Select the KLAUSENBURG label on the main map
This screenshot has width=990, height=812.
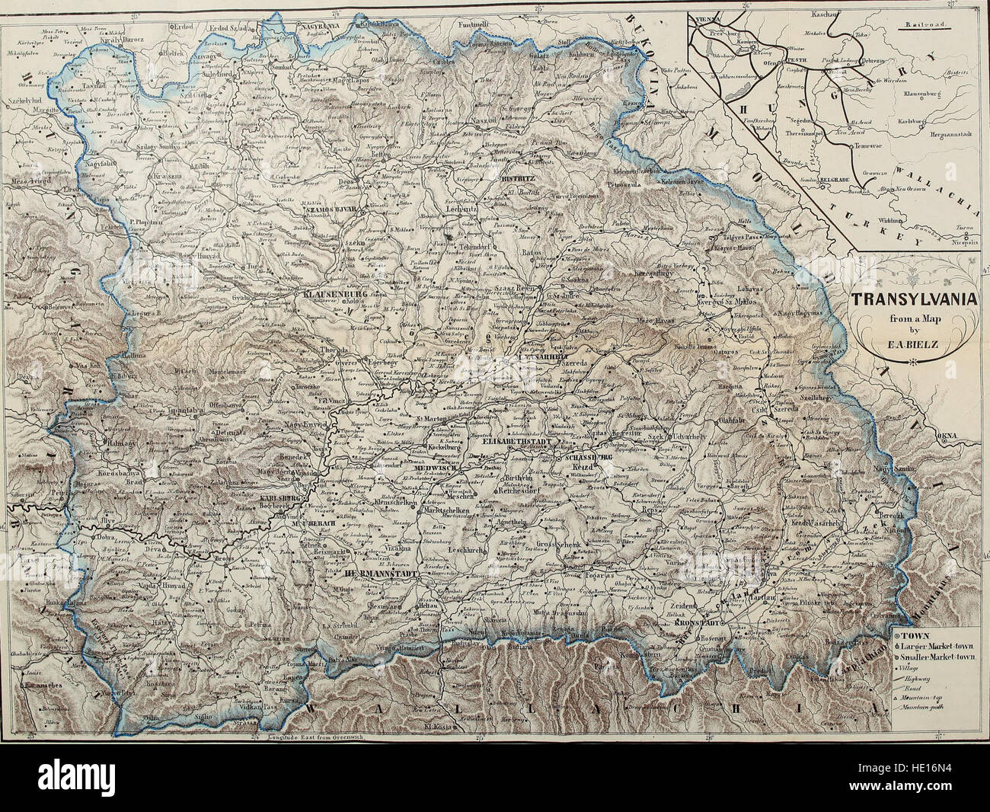point(335,293)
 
